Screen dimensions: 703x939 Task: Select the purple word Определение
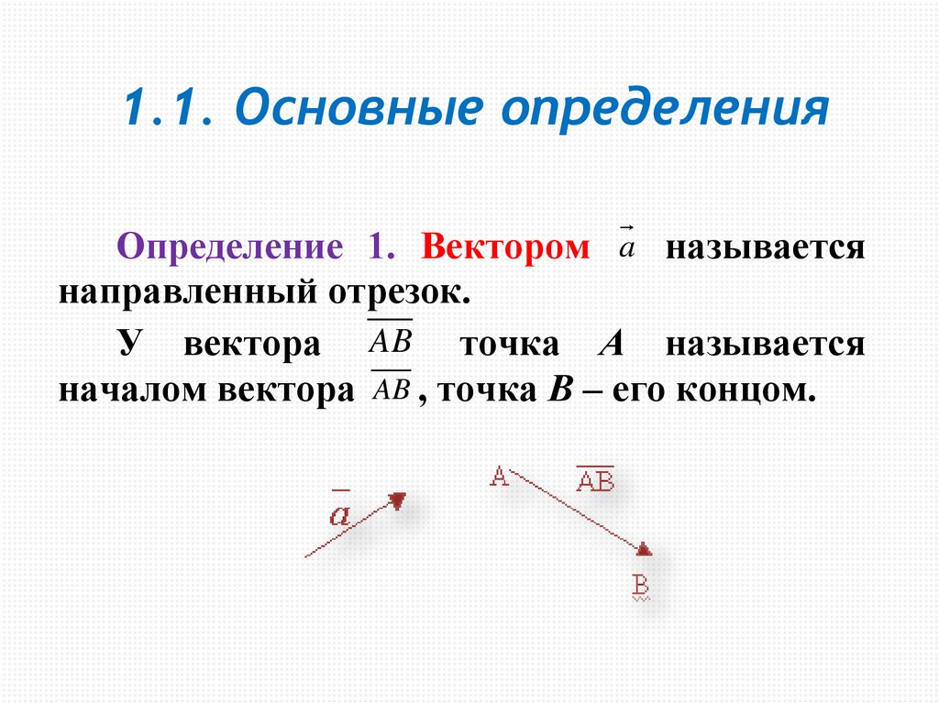tap(228, 249)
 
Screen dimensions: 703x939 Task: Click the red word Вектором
tap(505, 249)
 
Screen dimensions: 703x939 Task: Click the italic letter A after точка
tap(611, 345)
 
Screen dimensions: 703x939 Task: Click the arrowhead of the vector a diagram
tap(397, 500)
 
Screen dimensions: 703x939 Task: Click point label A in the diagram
tap(499, 477)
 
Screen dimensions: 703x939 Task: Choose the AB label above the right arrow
tap(595, 480)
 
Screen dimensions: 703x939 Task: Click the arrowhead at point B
tap(644, 548)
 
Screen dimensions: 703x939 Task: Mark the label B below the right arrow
tap(641, 585)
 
